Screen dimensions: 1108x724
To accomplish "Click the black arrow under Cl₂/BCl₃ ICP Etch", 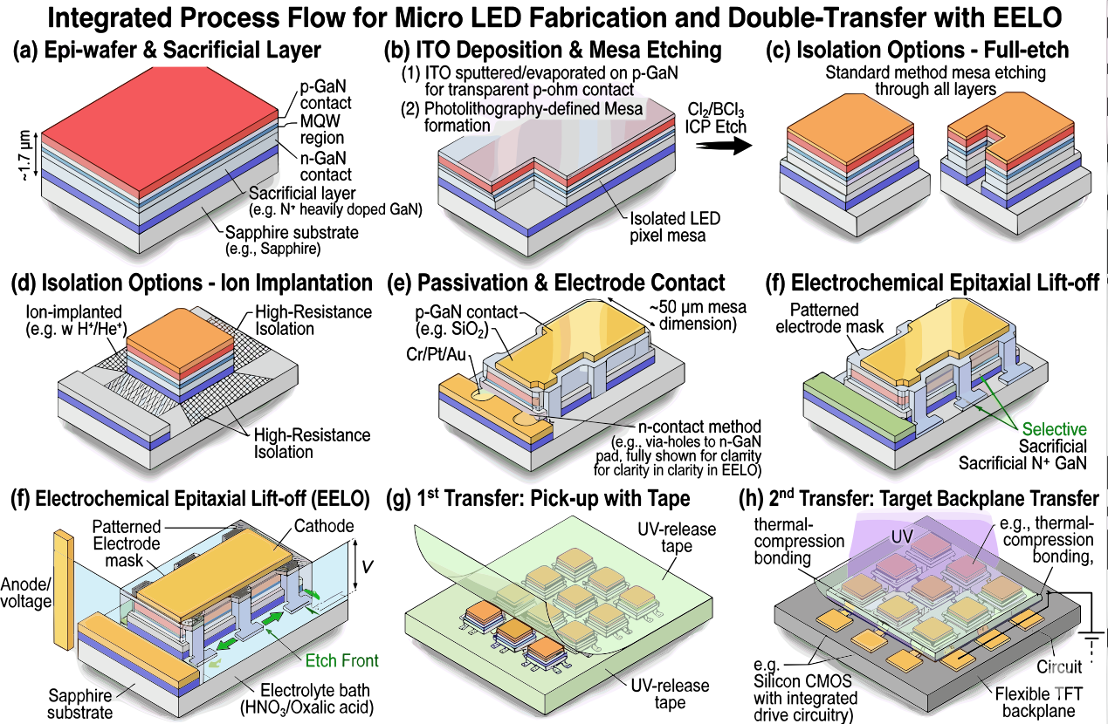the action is (724, 146).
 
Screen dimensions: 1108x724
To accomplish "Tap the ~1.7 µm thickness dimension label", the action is (24, 155).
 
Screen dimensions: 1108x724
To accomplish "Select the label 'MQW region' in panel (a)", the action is (321, 129).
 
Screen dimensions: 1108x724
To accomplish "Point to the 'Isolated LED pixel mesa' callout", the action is (675, 227).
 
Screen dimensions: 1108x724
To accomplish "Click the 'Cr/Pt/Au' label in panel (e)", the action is (436, 354).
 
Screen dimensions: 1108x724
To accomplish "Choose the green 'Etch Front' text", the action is (341, 660).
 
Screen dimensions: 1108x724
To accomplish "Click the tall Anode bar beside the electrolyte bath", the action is (65, 590).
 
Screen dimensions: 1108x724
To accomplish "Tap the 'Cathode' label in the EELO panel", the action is (324, 526).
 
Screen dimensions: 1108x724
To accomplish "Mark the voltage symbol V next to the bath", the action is (367, 566).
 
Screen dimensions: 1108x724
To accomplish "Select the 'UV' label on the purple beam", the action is (903, 536).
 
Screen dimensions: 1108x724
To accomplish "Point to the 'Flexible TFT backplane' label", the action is (1039, 702).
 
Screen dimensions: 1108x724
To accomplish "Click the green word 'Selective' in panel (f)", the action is (1054, 429).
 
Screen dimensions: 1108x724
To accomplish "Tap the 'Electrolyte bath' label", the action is (315, 690).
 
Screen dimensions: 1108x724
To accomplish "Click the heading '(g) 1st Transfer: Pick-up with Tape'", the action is (538, 498).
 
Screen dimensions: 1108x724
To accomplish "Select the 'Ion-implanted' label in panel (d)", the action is (73, 311).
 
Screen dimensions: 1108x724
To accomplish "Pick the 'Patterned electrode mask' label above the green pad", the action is (829, 318).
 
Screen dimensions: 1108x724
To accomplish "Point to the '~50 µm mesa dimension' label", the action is (698, 315).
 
